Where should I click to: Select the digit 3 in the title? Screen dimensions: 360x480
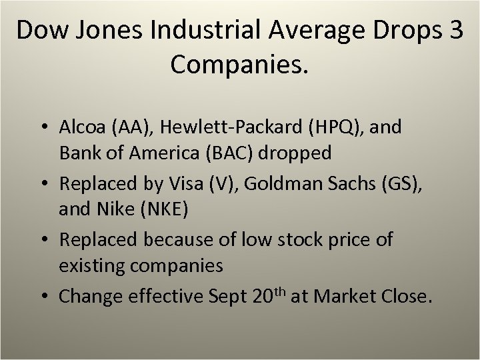(453, 32)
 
